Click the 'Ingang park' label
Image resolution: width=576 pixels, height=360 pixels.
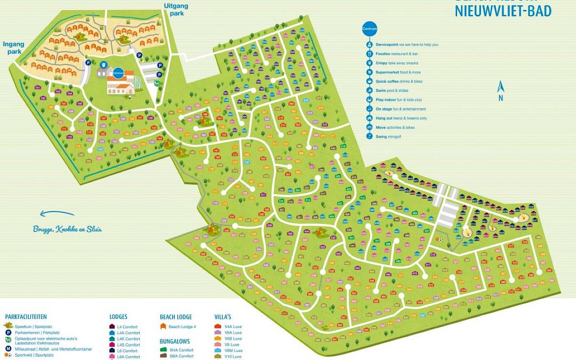13,48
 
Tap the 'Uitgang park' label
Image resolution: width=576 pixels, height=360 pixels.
176,10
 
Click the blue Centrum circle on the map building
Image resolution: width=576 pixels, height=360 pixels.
118,73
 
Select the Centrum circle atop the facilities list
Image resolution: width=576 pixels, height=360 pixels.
369,29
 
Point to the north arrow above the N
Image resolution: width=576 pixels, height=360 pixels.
500,87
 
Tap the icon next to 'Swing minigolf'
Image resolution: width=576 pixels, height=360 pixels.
370,136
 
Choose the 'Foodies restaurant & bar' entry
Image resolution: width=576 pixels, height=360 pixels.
396,54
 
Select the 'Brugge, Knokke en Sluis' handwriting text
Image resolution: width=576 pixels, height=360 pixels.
67,229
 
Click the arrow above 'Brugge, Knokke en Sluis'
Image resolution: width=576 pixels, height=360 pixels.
57,214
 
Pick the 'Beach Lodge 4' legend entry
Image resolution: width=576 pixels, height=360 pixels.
182,326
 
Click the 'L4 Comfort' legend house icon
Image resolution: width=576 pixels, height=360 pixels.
112,327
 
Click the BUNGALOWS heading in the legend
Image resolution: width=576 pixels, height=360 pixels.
175,341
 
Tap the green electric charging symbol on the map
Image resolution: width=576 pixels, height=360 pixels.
156,83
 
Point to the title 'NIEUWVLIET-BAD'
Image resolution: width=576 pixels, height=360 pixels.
503,11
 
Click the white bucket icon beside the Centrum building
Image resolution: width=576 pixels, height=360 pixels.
104,64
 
